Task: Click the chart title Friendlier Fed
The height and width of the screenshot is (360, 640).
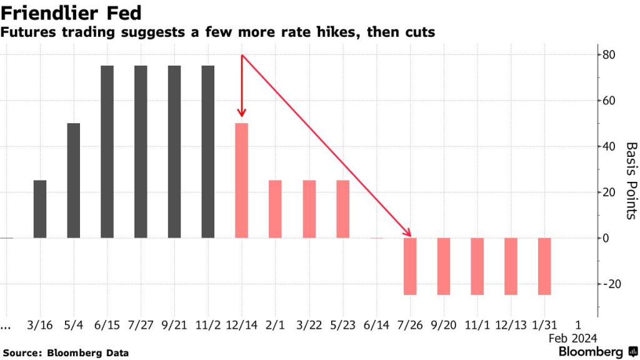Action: pyautogui.click(x=70, y=12)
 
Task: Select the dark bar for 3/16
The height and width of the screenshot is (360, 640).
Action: pyautogui.click(x=40, y=209)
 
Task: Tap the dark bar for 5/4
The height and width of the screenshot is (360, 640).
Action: pyautogui.click(x=74, y=181)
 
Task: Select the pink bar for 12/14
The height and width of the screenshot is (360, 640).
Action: pyautogui.click(x=242, y=181)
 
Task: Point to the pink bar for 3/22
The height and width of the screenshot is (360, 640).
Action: pyautogui.click(x=309, y=209)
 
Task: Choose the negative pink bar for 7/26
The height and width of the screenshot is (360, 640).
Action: pyautogui.click(x=410, y=266)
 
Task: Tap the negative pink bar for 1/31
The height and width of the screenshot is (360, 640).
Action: pyautogui.click(x=544, y=266)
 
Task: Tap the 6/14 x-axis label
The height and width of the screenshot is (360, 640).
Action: pyautogui.click(x=376, y=325)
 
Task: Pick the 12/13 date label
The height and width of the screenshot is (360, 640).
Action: pyautogui.click(x=511, y=325)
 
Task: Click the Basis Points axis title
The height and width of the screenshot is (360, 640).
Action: pyautogui.click(x=631, y=181)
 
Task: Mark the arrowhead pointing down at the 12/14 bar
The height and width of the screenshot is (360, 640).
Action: pyautogui.click(x=242, y=113)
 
